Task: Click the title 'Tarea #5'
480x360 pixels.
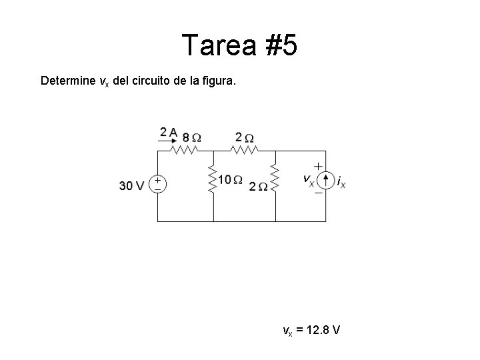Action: pyautogui.click(x=239, y=46)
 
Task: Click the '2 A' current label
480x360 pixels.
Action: pyautogui.click(x=168, y=132)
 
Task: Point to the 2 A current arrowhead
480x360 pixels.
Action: pyautogui.click(x=176, y=139)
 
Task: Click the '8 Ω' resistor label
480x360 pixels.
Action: pyautogui.click(x=192, y=137)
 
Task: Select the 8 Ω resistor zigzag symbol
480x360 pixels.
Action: pyautogui.click(x=185, y=151)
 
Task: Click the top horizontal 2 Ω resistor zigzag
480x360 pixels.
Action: pyautogui.click(x=245, y=151)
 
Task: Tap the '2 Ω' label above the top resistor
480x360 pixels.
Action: pyautogui.click(x=244, y=137)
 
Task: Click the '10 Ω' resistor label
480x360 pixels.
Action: pyautogui.click(x=230, y=180)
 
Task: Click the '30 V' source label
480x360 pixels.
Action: pyautogui.click(x=131, y=186)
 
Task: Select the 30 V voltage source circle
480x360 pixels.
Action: pyautogui.click(x=157, y=184)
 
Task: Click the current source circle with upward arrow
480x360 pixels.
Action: pyautogui.click(x=325, y=180)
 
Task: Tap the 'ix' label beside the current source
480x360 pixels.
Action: pyautogui.click(x=341, y=181)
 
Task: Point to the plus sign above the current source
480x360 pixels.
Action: pyautogui.click(x=319, y=165)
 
